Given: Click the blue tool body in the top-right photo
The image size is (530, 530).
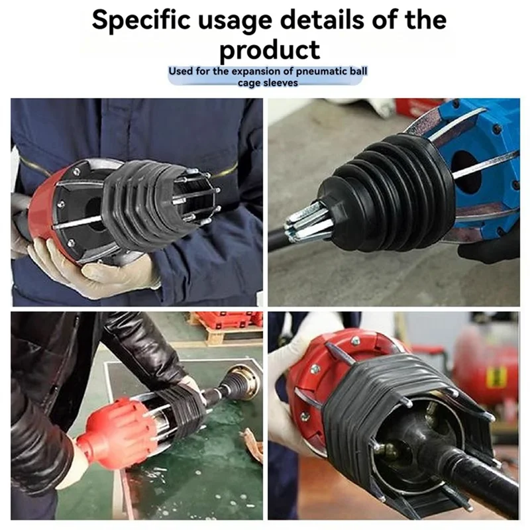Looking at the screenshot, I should click(x=484, y=152).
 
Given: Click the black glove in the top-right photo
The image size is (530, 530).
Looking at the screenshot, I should click(x=490, y=245).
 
